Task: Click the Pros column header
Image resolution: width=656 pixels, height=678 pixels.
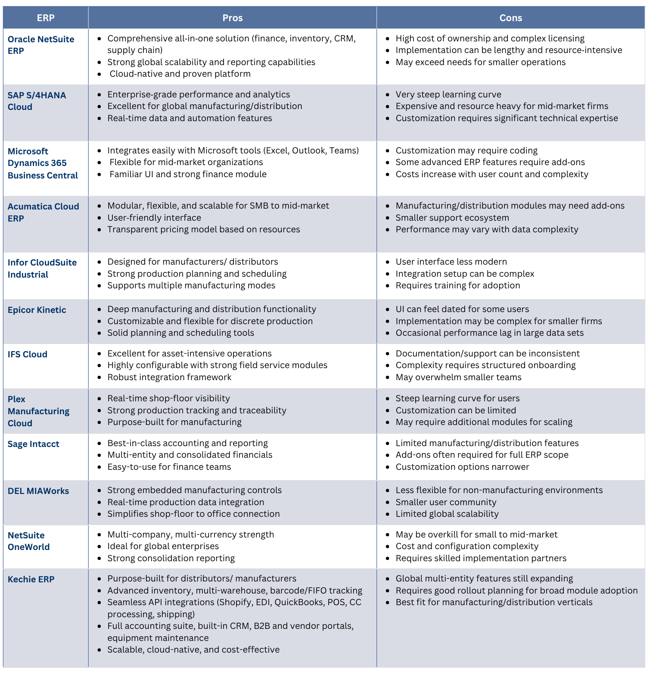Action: click(232, 18)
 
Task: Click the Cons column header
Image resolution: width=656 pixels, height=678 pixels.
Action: click(510, 18)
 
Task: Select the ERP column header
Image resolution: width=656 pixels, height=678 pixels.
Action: click(46, 18)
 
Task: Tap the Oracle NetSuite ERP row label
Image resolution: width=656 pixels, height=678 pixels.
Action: click(40, 45)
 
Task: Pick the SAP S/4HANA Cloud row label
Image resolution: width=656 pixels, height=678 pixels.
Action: click(37, 101)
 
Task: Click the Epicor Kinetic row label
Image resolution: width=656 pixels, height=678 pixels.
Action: click(37, 310)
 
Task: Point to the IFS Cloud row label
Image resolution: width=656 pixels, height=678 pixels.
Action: click(28, 354)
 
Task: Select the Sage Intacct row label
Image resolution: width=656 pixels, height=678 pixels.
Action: click(33, 444)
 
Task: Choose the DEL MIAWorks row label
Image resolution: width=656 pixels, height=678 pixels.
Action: click(38, 491)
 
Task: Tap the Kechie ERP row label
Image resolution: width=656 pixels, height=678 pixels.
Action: click(31, 579)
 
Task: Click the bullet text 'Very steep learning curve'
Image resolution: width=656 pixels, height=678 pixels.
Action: click(448, 94)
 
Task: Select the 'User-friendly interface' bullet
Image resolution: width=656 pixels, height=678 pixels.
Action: click(154, 218)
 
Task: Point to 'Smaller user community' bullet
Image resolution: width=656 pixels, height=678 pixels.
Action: click(446, 502)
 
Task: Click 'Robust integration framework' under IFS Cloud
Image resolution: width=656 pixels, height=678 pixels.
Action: click(169, 377)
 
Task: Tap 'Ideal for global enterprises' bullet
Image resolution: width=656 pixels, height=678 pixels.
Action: click(163, 546)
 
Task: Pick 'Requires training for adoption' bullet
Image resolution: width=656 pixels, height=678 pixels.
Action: click(457, 285)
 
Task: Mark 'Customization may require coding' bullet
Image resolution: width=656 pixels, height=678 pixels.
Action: click(466, 150)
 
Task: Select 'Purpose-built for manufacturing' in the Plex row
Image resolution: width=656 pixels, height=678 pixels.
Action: click(174, 422)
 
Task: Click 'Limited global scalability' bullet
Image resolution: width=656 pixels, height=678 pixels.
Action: click(447, 514)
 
